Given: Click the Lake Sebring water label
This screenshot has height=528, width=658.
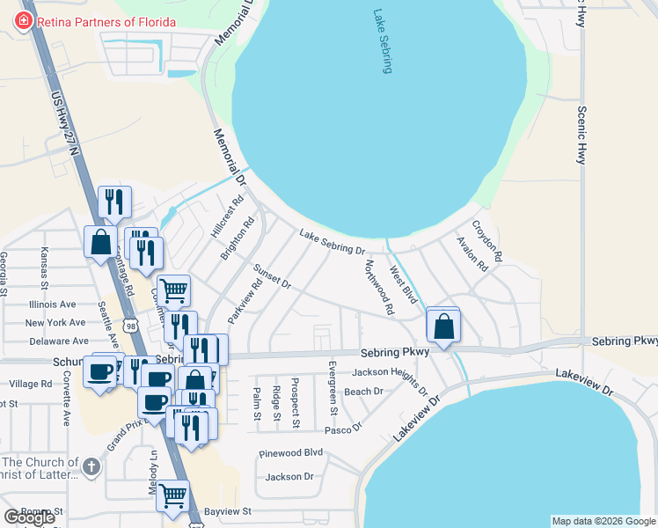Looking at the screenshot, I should pos(381,41).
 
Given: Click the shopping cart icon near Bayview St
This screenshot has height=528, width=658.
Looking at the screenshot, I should pos(173,496).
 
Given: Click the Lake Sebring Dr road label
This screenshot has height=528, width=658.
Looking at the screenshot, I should pos(332,242).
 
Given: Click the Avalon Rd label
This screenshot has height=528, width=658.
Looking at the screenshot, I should pos(471,253).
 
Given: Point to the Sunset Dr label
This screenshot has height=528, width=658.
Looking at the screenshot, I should pos(271,274).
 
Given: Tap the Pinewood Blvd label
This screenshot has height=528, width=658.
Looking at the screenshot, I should pos(291,453).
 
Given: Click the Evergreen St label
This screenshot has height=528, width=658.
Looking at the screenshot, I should pos(333,387).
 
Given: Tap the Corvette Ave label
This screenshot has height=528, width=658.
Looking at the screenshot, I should pos(67,390).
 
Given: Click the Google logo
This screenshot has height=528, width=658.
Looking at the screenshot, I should pos(29,517).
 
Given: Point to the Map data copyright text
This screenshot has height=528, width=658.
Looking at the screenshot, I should pos(603,521).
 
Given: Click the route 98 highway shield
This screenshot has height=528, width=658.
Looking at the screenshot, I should pos(130,326).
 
